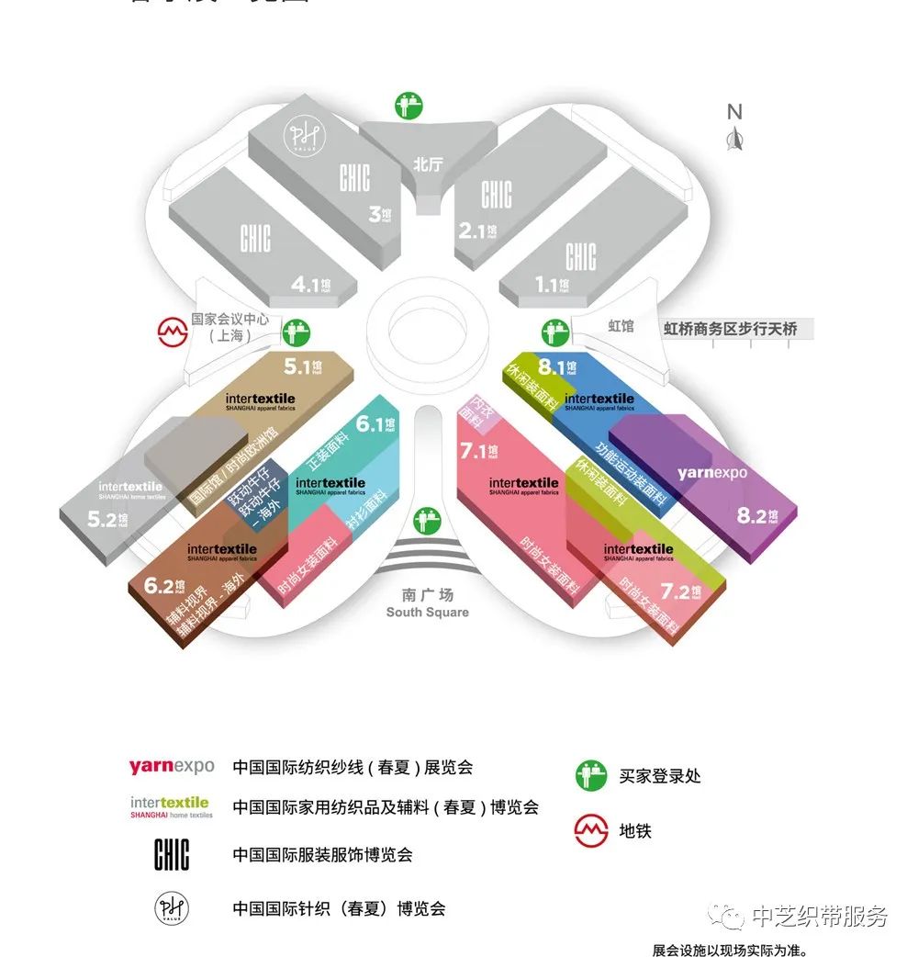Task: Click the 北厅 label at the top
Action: point(428,165)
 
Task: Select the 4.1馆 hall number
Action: point(309,285)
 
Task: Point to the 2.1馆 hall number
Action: point(477,231)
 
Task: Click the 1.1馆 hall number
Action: point(553,285)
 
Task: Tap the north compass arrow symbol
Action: point(734,140)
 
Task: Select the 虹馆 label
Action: point(621,326)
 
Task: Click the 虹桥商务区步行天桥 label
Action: point(731,328)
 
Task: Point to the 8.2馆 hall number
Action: point(757,515)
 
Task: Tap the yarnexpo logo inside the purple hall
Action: point(712,473)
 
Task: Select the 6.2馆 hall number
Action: point(166,586)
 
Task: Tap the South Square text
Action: point(427,613)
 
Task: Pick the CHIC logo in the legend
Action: point(172,855)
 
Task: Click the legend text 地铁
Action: point(635,832)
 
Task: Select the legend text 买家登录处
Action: point(660,776)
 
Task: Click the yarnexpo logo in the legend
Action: point(172,767)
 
